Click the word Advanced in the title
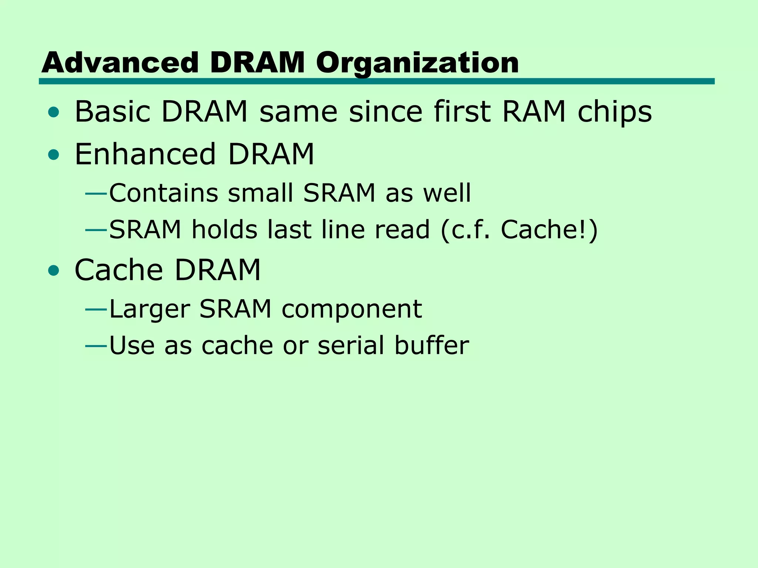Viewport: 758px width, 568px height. coord(120,62)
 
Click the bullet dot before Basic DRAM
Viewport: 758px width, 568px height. coord(54,112)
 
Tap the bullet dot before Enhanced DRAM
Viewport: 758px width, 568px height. coord(54,155)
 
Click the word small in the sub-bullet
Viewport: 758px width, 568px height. coord(261,193)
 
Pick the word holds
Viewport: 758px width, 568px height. coord(224,230)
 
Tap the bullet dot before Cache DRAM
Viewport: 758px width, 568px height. coord(54,271)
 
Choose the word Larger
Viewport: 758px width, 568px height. coord(150,309)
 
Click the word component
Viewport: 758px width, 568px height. coord(352,309)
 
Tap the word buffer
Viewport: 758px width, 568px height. coord(432,345)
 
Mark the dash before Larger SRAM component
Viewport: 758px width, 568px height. coord(96,309)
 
